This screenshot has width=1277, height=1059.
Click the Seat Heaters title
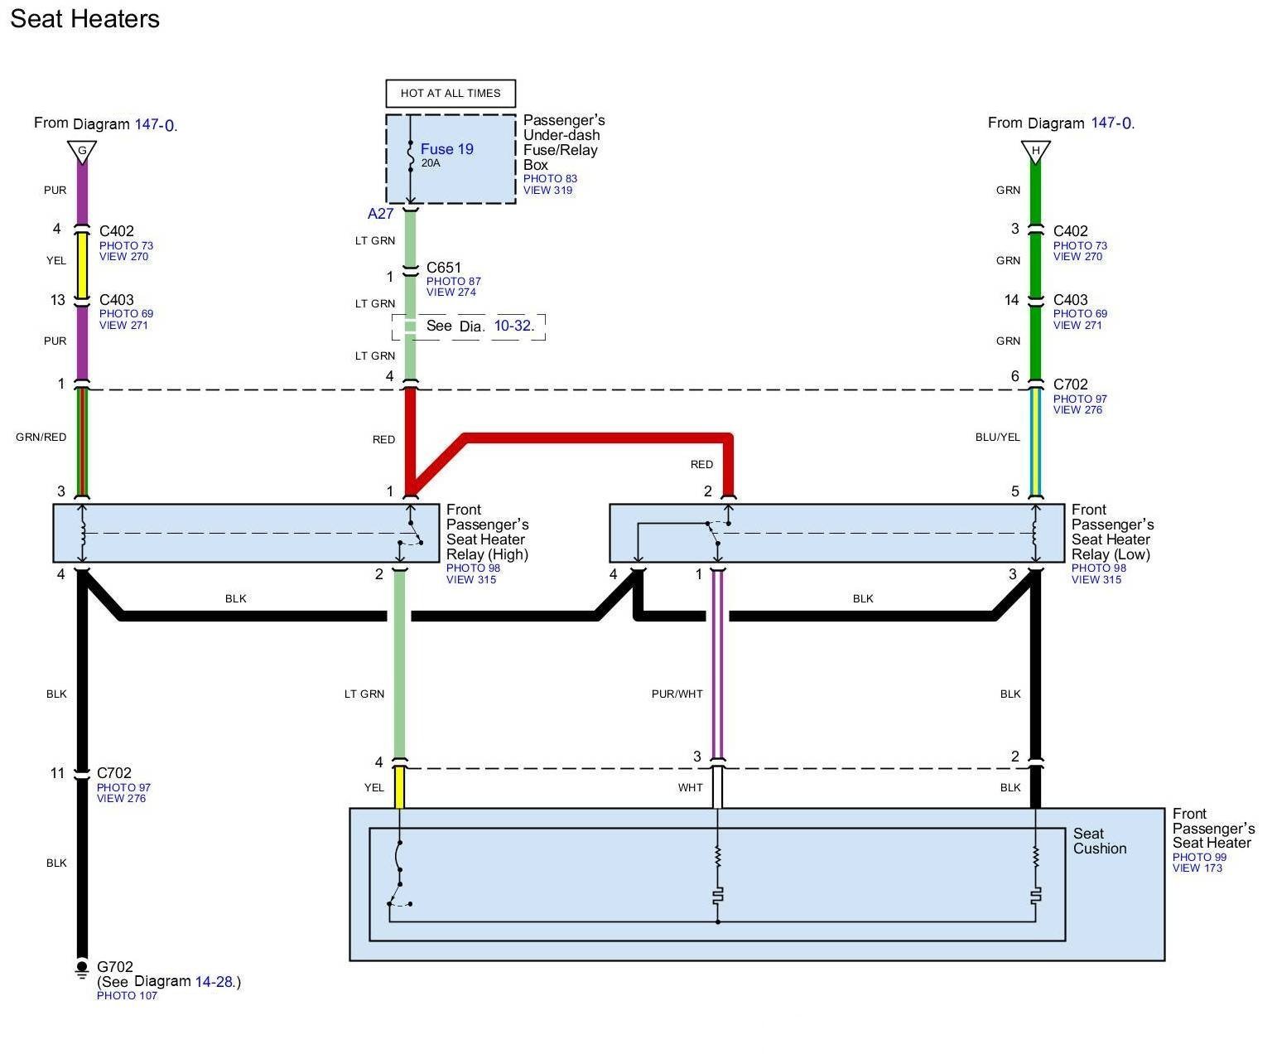(x=84, y=19)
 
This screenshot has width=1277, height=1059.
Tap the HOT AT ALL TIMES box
(x=451, y=94)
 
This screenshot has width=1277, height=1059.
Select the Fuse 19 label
(x=446, y=149)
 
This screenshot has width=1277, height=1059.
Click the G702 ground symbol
(x=81, y=968)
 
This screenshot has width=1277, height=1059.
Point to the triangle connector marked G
(x=82, y=152)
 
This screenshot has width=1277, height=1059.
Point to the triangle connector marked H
(x=1035, y=152)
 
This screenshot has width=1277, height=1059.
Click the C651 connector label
(x=444, y=268)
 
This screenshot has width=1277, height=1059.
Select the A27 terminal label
(x=380, y=214)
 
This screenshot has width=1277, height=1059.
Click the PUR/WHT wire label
(x=677, y=694)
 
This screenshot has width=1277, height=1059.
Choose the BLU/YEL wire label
(x=997, y=438)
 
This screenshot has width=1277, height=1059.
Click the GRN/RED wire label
(x=41, y=438)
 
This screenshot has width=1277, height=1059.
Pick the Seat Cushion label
(x=1099, y=841)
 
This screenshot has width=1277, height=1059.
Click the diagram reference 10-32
(x=513, y=326)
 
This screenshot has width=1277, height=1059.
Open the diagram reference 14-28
(x=214, y=982)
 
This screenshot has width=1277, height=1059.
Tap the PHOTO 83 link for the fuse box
(x=550, y=179)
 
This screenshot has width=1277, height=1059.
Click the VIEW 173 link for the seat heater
(x=1197, y=868)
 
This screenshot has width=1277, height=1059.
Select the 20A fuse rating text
(x=431, y=163)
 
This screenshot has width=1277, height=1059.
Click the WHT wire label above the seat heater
(x=690, y=788)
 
